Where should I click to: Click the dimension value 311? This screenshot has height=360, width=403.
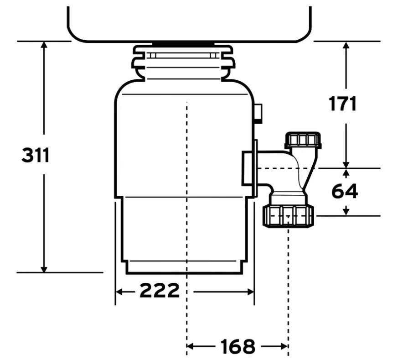[x=36, y=156]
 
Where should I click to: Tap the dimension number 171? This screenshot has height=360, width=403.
[x=343, y=104]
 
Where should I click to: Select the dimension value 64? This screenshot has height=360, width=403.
[x=345, y=192]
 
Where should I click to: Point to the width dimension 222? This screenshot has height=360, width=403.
[x=160, y=291]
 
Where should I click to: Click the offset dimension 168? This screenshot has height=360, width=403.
[x=238, y=347]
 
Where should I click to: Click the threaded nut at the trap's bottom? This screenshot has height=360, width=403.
[x=288, y=216]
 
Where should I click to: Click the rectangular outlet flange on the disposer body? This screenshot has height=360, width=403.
[x=249, y=168]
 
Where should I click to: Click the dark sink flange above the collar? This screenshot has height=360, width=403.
[x=183, y=44]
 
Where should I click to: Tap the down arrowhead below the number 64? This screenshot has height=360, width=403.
[x=346, y=211]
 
